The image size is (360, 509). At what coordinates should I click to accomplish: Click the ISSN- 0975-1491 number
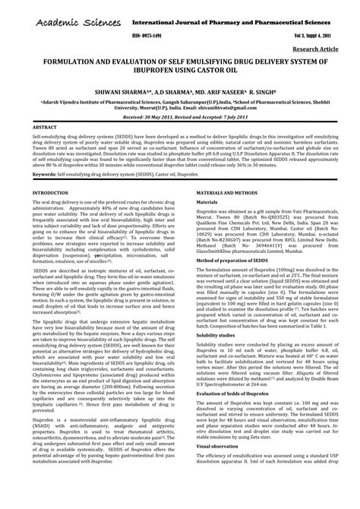[147, 35]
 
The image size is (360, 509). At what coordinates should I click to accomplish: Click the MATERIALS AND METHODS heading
[232, 194]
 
